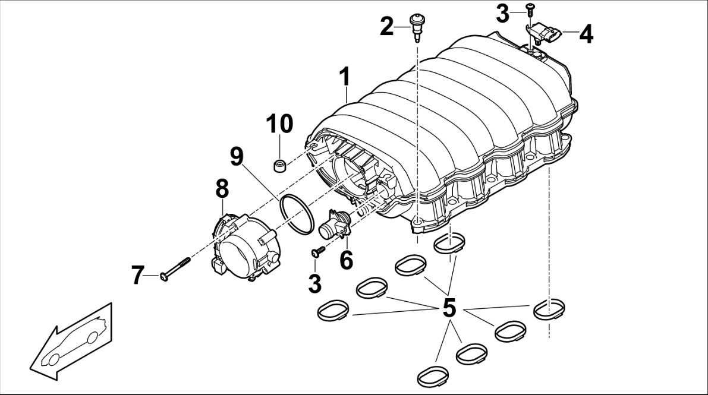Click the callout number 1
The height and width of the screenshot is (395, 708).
tap(345, 77)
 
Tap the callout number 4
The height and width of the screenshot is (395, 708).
tap(586, 34)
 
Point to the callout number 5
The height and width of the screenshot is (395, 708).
tap(449, 308)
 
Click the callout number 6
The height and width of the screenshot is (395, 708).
tap(346, 261)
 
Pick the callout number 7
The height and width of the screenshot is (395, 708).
tap(138, 275)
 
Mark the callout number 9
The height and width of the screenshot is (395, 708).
tap(237, 156)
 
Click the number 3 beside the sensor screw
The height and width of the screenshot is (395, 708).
tap(502, 14)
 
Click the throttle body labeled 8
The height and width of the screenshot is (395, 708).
tap(244, 247)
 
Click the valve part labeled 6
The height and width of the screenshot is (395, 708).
tap(334, 225)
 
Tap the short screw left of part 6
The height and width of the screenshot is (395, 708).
tap(318, 251)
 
